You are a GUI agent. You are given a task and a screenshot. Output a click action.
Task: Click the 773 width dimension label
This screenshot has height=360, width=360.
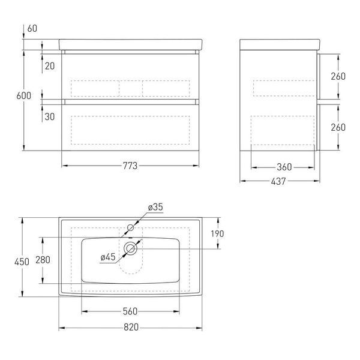coord(130,166)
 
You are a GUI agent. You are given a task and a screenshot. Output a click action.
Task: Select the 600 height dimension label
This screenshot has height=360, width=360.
coord(23,96)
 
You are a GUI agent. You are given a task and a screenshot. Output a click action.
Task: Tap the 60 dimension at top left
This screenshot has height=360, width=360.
coord(32,29)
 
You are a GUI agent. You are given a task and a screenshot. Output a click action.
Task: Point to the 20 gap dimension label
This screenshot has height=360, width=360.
coord(50,66)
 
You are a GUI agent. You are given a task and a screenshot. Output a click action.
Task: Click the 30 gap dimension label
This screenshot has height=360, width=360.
coord(50,116)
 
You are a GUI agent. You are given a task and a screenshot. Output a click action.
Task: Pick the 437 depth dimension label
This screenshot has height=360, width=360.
coord(278,181)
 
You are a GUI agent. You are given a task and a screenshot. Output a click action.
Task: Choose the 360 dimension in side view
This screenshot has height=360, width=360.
coord(284,167)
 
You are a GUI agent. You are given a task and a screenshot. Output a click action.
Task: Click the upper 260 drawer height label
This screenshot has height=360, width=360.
coord(338,76)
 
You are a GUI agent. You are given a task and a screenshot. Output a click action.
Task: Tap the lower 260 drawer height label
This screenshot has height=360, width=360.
coord(338,127)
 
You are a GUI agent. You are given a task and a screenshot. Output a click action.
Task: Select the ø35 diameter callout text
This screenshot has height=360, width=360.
coord(155,207)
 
